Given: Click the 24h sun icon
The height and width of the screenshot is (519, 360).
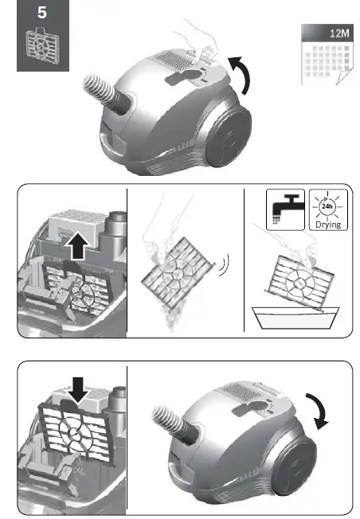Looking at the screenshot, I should coord(326,207).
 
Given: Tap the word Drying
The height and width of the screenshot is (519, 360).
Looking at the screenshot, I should coord(326,226).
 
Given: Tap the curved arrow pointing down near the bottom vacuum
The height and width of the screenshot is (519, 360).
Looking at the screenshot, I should coord(322,412).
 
